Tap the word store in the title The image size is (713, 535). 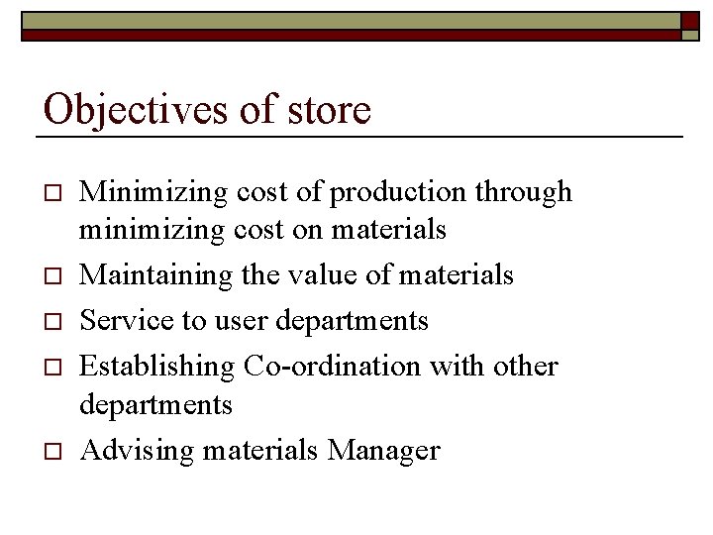[329, 110]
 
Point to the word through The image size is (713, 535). [525, 192]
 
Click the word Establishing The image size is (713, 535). [155, 366]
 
